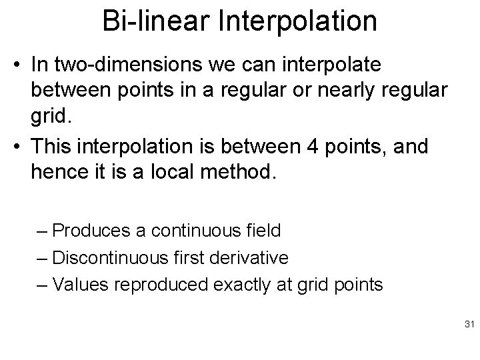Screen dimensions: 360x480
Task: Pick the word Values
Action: (x=79, y=285)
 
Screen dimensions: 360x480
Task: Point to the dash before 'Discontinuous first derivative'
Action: (x=43, y=259)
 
